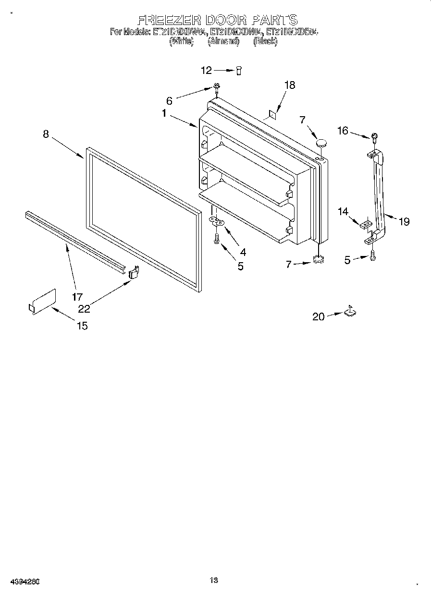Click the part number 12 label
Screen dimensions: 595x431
point(206,71)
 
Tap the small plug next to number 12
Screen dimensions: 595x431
point(238,71)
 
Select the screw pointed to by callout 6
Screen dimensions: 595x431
point(217,87)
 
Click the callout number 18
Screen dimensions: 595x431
point(289,85)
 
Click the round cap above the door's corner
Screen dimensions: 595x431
point(321,142)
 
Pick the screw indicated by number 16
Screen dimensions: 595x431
point(374,136)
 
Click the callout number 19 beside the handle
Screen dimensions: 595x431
point(404,221)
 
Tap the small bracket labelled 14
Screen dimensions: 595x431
point(366,224)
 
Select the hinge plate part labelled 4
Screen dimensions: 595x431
point(218,221)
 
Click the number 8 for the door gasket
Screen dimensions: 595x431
point(46,134)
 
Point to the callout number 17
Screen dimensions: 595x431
point(77,297)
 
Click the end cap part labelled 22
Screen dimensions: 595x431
point(134,273)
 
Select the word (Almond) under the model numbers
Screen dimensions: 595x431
point(223,41)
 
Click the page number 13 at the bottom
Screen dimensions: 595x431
point(214,580)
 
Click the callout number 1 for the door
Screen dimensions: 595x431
point(164,114)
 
